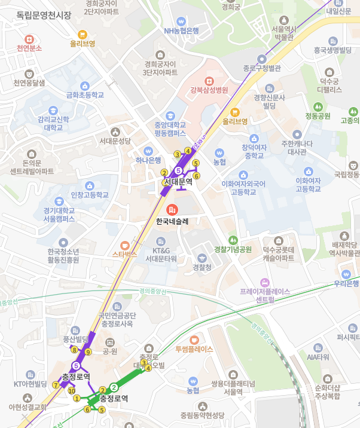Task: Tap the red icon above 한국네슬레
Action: coord(172,210)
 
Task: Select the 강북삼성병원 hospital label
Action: coord(209,90)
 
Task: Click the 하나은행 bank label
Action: coord(148,160)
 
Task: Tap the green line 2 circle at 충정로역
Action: coord(114,387)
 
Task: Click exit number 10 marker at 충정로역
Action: coord(72,391)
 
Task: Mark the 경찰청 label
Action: coord(202,267)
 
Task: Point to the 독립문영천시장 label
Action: coord(44,16)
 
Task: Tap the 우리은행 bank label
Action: coord(346,283)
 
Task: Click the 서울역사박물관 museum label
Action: coord(283,33)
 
